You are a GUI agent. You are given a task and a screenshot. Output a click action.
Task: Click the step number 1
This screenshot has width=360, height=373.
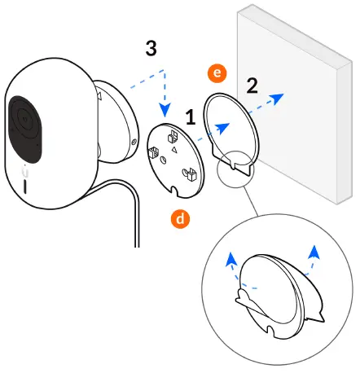[189, 118]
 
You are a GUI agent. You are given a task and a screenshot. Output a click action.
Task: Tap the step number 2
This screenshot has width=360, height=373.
[253, 85]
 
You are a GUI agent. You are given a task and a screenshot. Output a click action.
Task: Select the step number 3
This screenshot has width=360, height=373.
[151, 48]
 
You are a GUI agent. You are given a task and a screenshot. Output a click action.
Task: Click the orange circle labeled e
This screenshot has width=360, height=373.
[217, 74]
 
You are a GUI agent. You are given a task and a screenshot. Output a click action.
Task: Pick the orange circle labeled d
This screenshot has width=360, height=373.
[179, 217]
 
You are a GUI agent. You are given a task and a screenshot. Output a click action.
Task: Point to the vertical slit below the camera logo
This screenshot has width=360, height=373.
[26, 186]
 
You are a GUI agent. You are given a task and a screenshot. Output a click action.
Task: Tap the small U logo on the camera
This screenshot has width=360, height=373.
[26, 170]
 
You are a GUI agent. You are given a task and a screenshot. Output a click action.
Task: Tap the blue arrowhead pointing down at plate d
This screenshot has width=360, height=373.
[166, 112]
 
